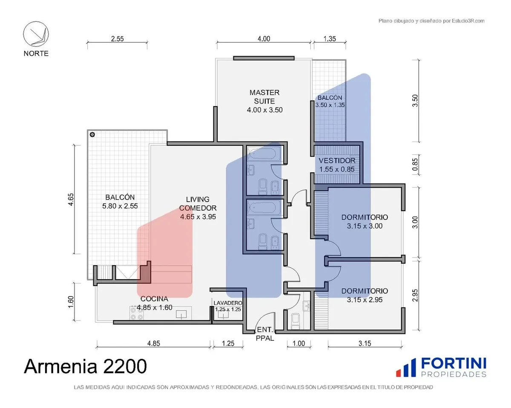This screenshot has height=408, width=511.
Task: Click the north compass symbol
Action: coord(36,34)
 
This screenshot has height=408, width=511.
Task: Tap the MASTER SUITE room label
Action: coord(264,101)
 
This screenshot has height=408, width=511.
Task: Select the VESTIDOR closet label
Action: coord(337,165)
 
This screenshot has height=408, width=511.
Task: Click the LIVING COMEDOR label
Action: coord(198,208)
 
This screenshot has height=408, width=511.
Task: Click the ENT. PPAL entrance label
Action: coord(265,333)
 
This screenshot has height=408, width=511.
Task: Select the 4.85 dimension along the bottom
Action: coord(154,343)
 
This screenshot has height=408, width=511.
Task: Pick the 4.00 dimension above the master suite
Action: coord(264,39)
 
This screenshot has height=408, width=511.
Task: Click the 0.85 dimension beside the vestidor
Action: coord(415,165)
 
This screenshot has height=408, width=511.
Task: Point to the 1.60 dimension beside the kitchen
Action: coord(71,302)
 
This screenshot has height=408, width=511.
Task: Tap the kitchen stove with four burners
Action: coord(137,313)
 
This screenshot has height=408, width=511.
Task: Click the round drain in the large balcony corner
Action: coord(92,135)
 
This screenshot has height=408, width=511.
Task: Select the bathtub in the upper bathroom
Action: coord(264,153)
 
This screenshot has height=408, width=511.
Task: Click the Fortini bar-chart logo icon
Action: coord(406,367)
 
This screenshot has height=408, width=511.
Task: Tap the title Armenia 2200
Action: coord(85,366)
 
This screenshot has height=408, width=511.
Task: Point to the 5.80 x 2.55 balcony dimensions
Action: coord(120,206)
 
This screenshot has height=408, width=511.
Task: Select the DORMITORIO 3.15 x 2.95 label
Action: coord(365,295)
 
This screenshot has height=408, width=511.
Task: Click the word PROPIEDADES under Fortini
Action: coord(454,374)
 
